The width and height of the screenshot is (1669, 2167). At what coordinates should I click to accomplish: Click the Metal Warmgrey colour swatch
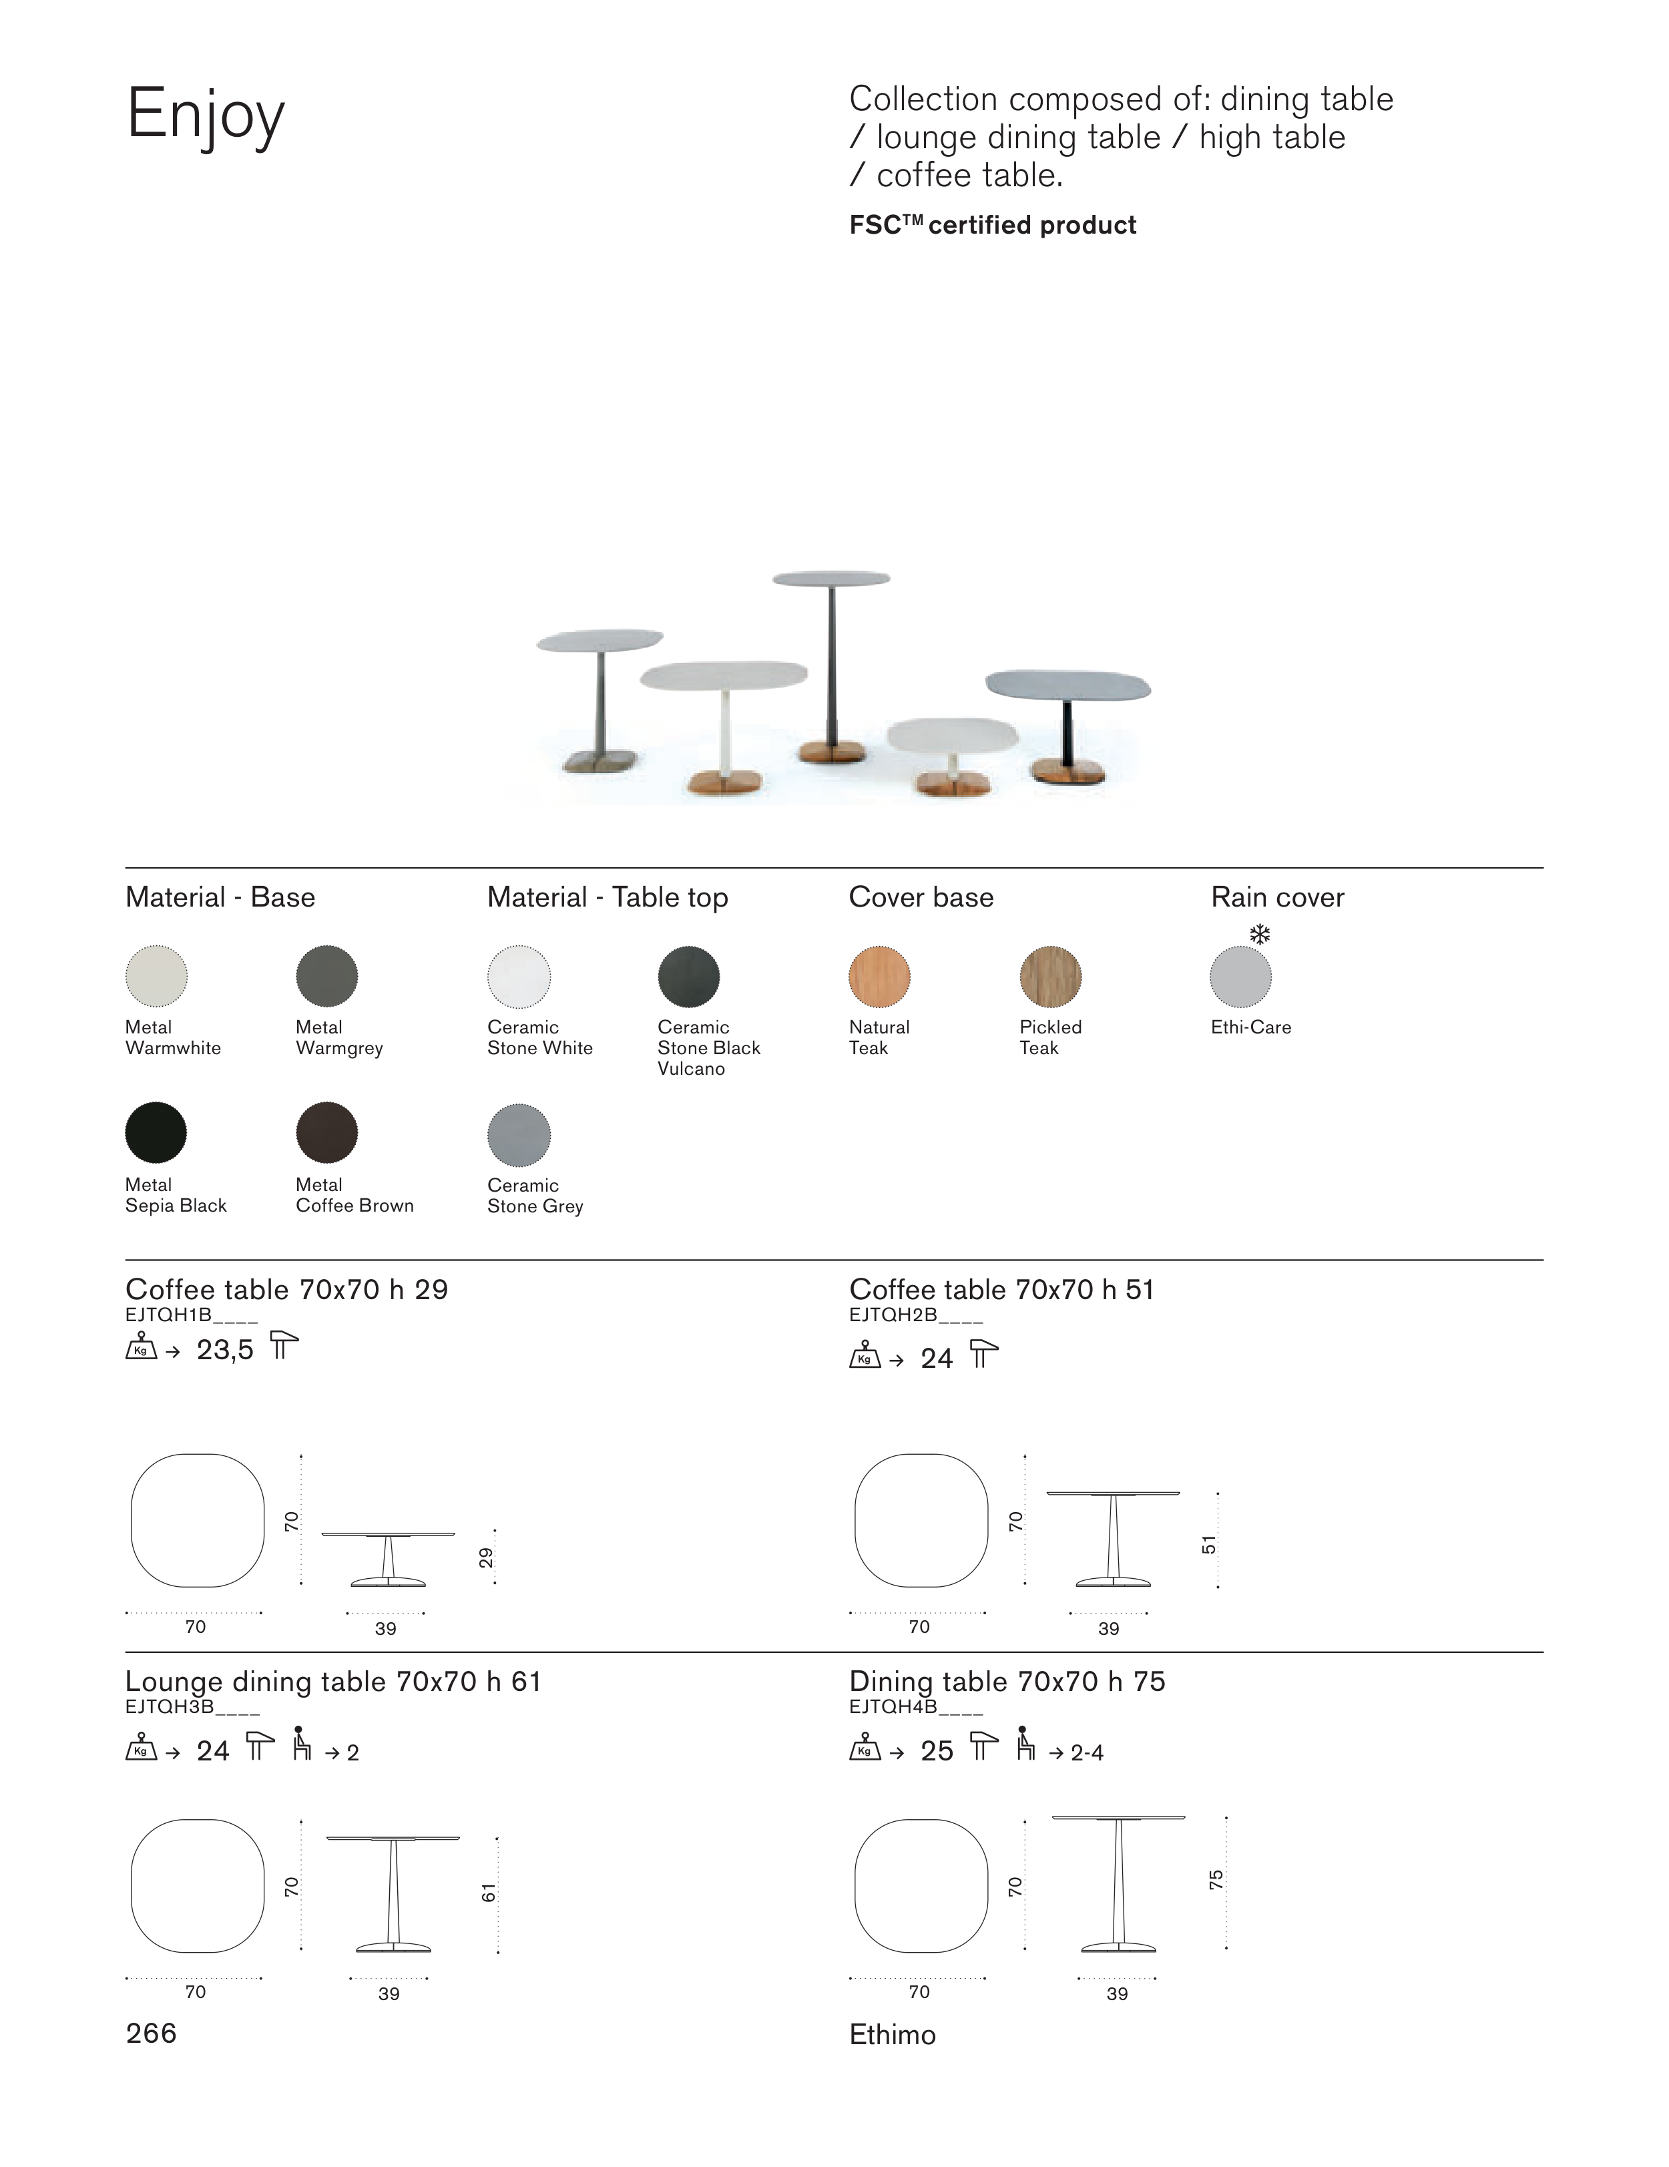326,975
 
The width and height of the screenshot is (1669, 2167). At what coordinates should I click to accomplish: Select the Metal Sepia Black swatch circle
156,1132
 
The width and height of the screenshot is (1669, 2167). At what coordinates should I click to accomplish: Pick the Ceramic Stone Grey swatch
519,1134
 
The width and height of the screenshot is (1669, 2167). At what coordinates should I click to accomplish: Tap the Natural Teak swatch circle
879,976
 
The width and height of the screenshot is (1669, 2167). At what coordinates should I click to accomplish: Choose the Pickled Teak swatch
1051,976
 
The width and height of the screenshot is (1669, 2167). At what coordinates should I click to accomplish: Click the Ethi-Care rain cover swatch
1240,976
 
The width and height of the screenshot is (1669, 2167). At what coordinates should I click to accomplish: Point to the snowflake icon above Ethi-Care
1259,935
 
